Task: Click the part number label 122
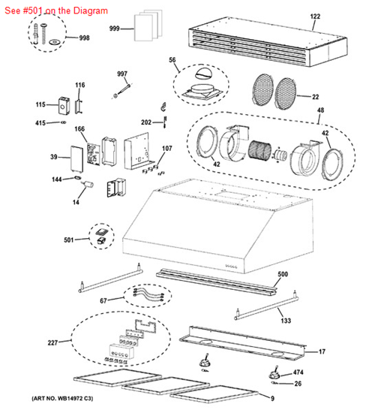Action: pyautogui.click(x=315, y=17)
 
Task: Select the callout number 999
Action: pyautogui.click(x=115, y=28)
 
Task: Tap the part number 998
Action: pyautogui.click(x=84, y=38)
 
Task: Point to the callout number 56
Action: pyautogui.click(x=172, y=60)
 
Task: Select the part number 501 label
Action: pyautogui.click(x=70, y=240)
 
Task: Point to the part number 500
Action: pyautogui.click(x=282, y=274)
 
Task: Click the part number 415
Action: pyautogui.click(x=42, y=122)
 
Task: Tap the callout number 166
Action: pyautogui.click(x=79, y=130)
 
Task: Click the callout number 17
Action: pyautogui.click(x=322, y=351)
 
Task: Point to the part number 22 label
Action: pyautogui.click(x=315, y=97)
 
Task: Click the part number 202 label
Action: pyautogui.click(x=146, y=122)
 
